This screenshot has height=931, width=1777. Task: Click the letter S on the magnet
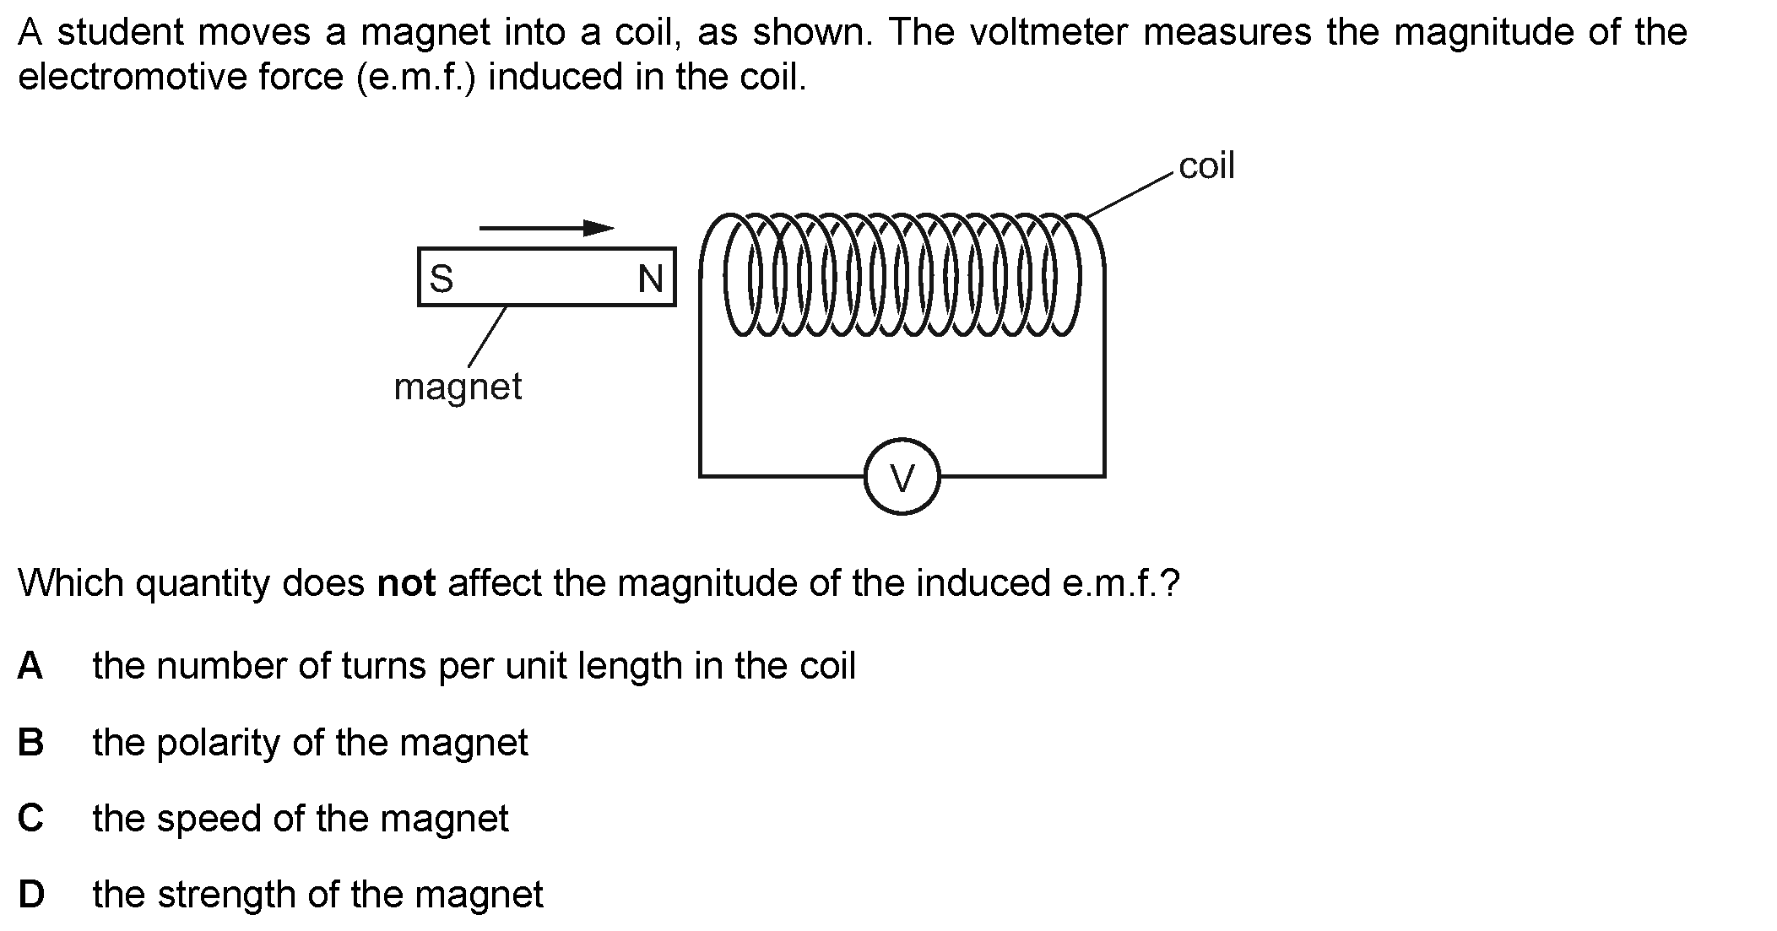point(442,278)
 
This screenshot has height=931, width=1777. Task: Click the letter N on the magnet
point(651,279)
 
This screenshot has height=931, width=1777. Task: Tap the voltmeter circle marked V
point(902,477)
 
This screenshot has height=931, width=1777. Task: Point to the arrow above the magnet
point(546,228)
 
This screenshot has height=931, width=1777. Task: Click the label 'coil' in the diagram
point(1206,166)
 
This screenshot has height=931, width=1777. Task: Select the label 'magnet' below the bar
point(458,387)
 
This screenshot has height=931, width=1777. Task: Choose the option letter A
point(30,666)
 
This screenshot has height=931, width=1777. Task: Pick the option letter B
point(30,743)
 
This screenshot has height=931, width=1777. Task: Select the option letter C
point(30,819)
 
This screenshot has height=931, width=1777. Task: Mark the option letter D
point(31,895)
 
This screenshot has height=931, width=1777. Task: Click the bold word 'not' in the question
point(406,583)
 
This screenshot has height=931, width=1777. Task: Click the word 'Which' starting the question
point(71,583)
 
